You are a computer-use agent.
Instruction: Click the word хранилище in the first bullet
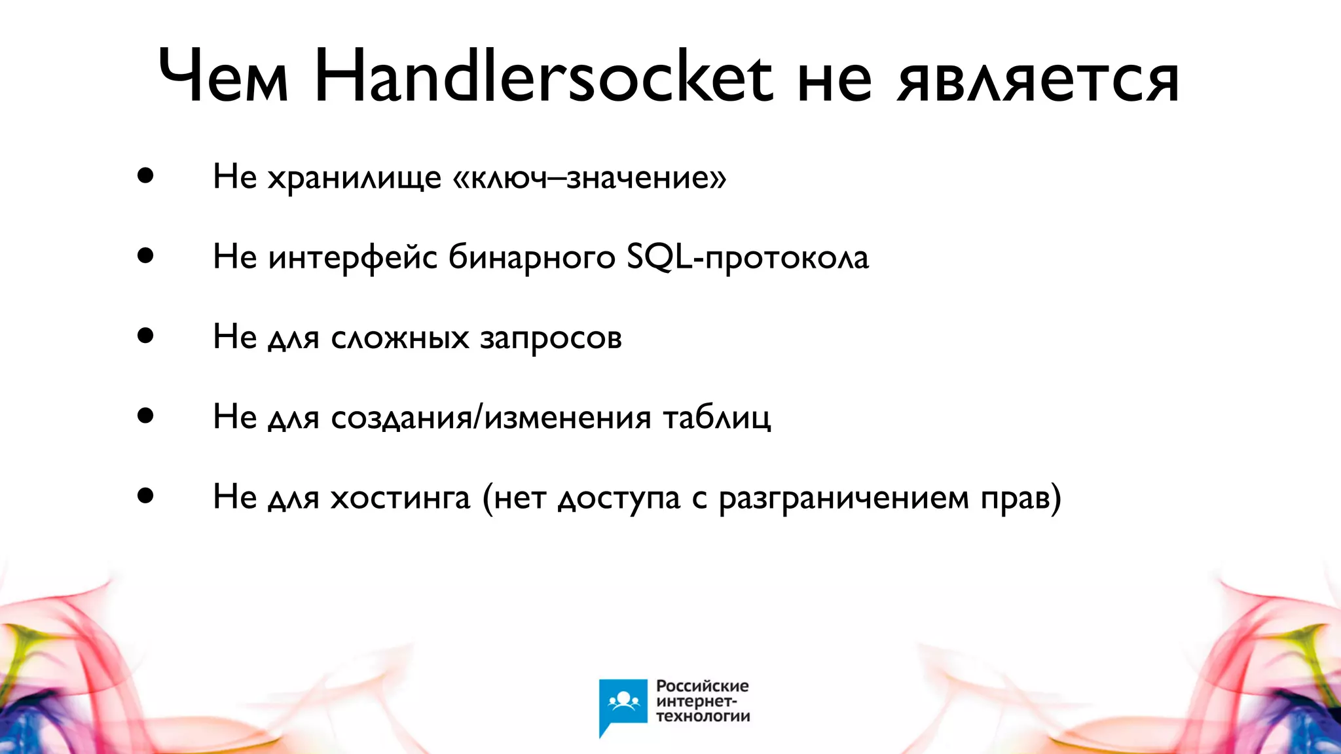pyautogui.click(x=354, y=178)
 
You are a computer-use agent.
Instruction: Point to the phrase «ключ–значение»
pyautogui.click(x=589, y=178)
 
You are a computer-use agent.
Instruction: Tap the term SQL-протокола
pyautogui.click(x=747, y=258)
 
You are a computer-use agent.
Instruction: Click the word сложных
pyautogui.click(x=400, y=338)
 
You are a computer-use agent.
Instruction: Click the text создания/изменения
pyautogui.click(x=491, y=418)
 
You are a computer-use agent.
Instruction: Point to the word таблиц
pyautogui.click(x=717, y=418)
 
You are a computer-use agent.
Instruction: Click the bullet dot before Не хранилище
pyautogui.click(x=145, y=176)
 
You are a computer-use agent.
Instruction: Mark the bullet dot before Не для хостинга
pyautogui.click(x=145, y=496)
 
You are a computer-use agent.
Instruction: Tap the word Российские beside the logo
pyautogui.click(x=702, y=687)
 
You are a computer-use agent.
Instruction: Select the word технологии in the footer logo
pyautogui.click(x=703, y=717)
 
